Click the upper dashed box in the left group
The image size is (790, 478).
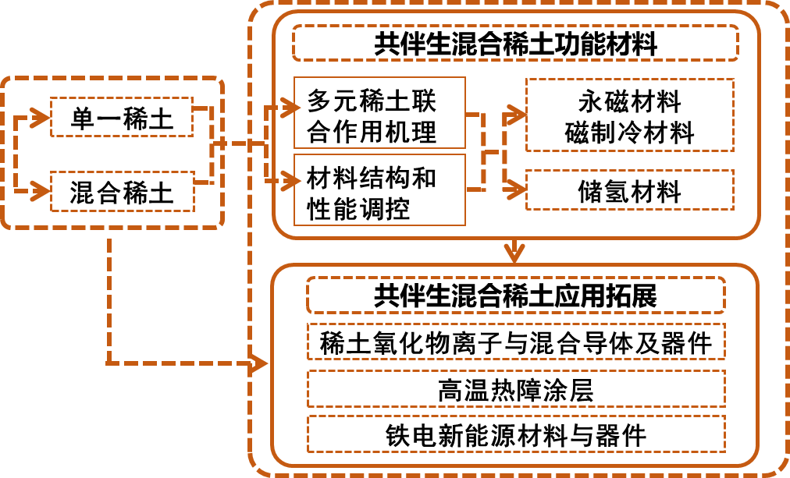(x=121, y=117)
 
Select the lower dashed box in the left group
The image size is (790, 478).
(x=122, y=191)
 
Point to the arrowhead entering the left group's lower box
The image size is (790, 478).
(x=41, y=189)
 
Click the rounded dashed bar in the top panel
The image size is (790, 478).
(x=515, y=43)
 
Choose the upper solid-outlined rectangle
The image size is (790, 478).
(x=379, y=112)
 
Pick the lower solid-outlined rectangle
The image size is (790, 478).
(x=379, y=189)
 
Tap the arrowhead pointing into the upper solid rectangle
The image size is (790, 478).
(x=290, y=108)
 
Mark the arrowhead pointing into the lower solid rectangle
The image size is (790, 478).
(x=290, y=182)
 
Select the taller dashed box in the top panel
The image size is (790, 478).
(x=629, y=115)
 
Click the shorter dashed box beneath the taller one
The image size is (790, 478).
(x=629, y=189)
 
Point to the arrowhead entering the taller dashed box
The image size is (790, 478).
(x=515, y=115)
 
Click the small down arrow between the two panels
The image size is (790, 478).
(x=514, y=253)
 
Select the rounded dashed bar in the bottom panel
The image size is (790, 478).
(x=515, y=295)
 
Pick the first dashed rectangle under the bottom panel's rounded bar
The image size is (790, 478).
(x=515, y=341)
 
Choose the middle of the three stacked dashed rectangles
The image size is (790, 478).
(x=515, y=388)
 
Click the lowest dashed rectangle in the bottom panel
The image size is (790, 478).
(x=515, y=434)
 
